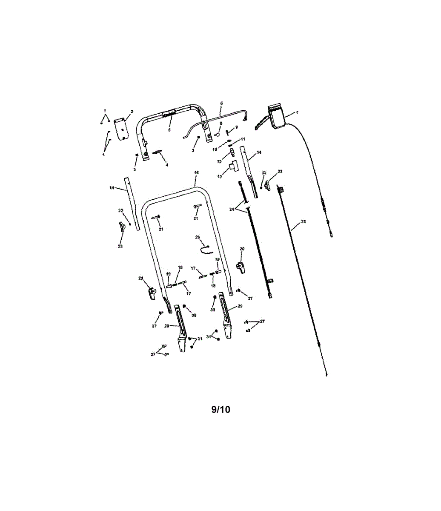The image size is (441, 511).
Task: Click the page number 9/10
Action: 220,410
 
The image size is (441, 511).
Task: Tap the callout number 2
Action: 132,112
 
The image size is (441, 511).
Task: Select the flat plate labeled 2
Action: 122,128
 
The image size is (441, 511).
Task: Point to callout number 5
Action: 169,129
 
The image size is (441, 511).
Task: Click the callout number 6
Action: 221,103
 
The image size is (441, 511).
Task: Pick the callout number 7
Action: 297,112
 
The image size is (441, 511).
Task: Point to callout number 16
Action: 196,172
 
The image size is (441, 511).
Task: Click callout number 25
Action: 303,221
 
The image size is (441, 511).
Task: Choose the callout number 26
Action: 198,237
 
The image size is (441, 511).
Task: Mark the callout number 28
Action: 166,326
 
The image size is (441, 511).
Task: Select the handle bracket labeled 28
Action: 182,328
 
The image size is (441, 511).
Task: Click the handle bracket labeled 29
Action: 225,316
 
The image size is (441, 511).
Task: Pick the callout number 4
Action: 167,165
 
